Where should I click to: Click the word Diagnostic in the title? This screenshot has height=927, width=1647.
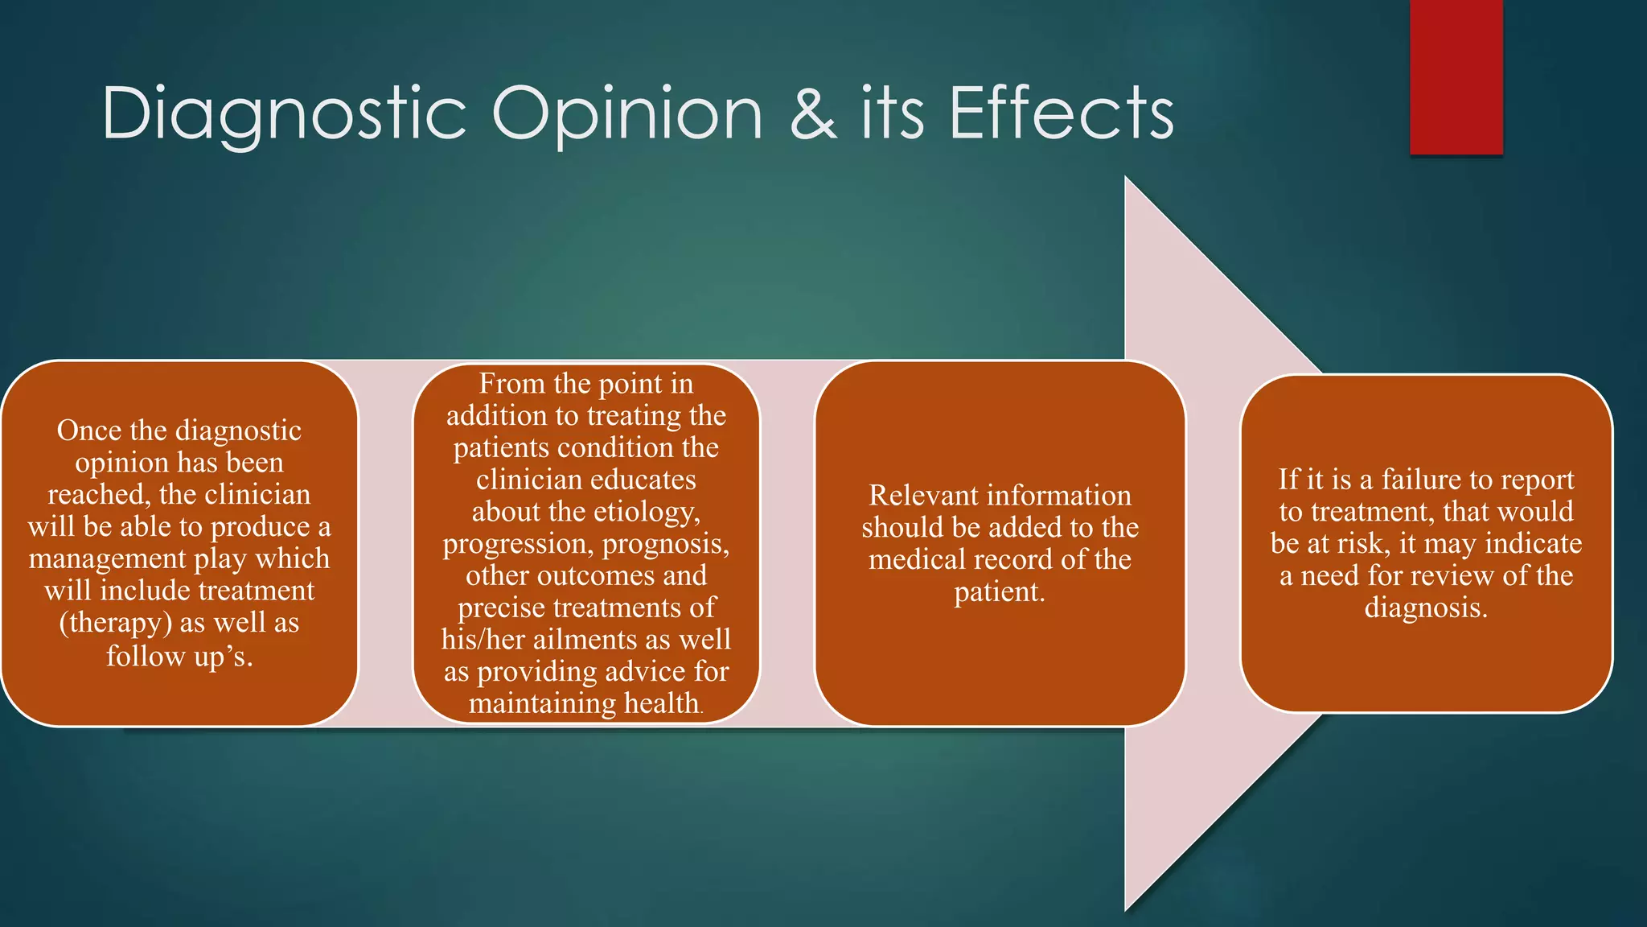283,114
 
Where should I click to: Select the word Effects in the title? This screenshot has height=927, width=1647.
1062,114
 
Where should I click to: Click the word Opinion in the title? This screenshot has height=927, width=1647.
626,114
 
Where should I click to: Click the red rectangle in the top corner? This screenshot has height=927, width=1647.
1456,76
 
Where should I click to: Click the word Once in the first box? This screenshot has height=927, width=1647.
88,431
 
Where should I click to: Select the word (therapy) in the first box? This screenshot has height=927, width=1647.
115,623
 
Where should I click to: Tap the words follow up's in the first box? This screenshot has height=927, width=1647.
179,656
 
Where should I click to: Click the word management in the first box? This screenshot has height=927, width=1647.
102,558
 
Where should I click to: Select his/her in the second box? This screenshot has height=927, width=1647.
483,640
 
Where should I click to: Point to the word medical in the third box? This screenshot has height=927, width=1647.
918,559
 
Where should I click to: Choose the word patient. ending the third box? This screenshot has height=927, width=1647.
1000,592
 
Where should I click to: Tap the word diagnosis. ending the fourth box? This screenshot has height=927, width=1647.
1426,608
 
